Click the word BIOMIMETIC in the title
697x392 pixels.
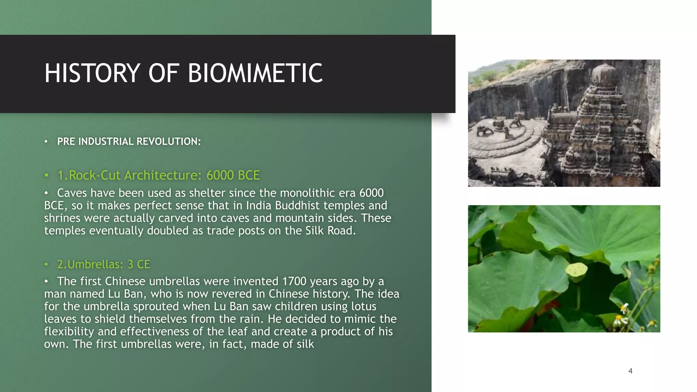(255, 73)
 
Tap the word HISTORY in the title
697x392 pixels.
(92, 73)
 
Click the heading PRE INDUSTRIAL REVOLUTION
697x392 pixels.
(129, 142)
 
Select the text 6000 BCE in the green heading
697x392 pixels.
(233, 175)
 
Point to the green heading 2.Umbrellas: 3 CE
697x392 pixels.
(103, 264)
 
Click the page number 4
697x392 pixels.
(630, 371)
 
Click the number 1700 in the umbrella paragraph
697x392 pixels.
(294, 281)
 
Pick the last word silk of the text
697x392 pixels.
(305, 344)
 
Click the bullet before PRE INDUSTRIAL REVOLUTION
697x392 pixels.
(46, 142)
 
